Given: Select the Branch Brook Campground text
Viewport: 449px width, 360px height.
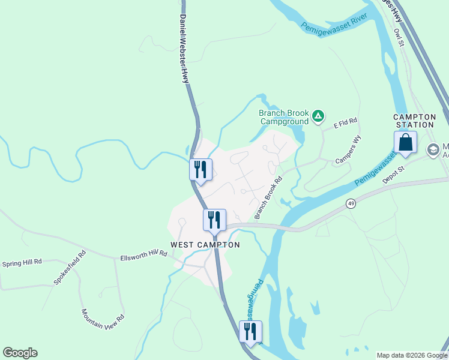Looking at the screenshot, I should click(x=284, y=116).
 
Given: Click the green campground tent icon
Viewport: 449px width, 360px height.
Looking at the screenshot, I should click(x=318, y=116).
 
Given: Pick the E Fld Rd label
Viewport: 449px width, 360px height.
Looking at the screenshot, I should click(x=345, y=122).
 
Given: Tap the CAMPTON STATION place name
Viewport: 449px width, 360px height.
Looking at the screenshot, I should click(x=414, y=121).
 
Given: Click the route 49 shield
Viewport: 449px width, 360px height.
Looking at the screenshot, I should click(x=351, y=204).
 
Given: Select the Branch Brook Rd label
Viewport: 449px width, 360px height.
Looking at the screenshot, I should click(x=268, y=197).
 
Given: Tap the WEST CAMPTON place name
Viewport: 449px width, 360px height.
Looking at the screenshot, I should click(x=205, y=245).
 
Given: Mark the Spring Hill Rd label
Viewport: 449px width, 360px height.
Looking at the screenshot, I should click(x=22, y=262).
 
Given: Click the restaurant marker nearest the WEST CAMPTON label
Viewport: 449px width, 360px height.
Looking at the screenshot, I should click(x=214, y=220).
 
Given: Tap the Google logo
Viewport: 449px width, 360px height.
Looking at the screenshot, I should click(x=20, y=353).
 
